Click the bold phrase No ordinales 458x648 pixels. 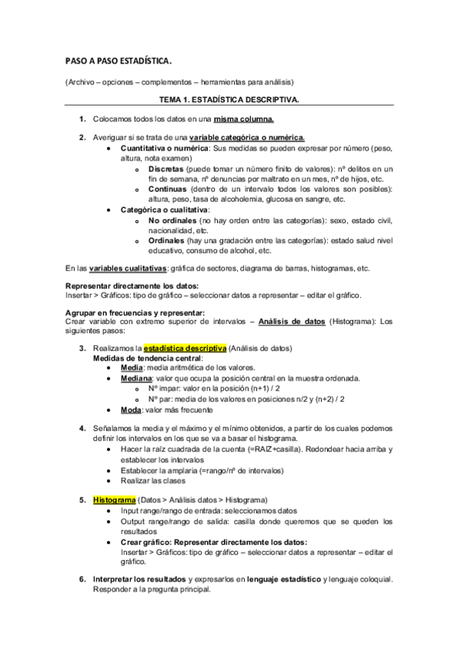172,220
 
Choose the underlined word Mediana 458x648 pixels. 136,378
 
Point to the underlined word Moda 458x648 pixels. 130,410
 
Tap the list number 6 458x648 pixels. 82,579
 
